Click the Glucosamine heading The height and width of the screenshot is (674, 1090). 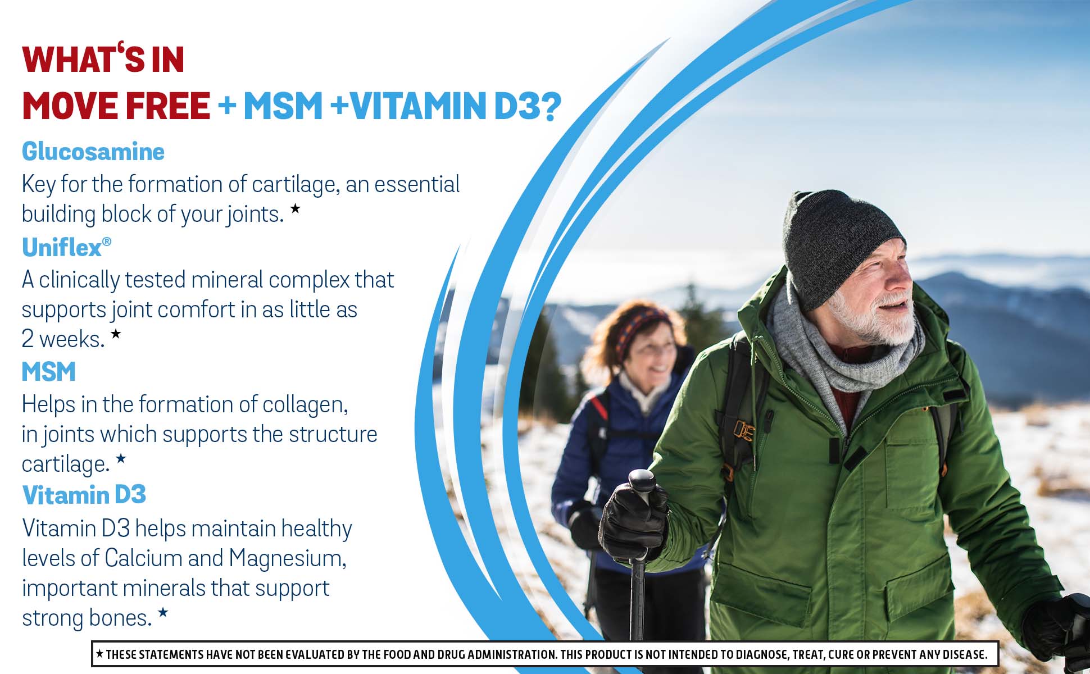pos(93,152)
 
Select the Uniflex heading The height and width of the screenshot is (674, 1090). pos(62,248)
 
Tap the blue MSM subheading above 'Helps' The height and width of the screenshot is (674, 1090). pos(49,372)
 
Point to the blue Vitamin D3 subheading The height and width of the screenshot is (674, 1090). pos(84,495)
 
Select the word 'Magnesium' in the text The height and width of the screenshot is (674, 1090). pos(287,558)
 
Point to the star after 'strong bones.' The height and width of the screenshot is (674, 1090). pos(163,612)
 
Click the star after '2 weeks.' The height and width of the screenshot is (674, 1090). pos(116,334)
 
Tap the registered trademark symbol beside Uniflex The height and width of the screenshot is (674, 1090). pos(107,242)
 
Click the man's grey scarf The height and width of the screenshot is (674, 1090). pos(843,348)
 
